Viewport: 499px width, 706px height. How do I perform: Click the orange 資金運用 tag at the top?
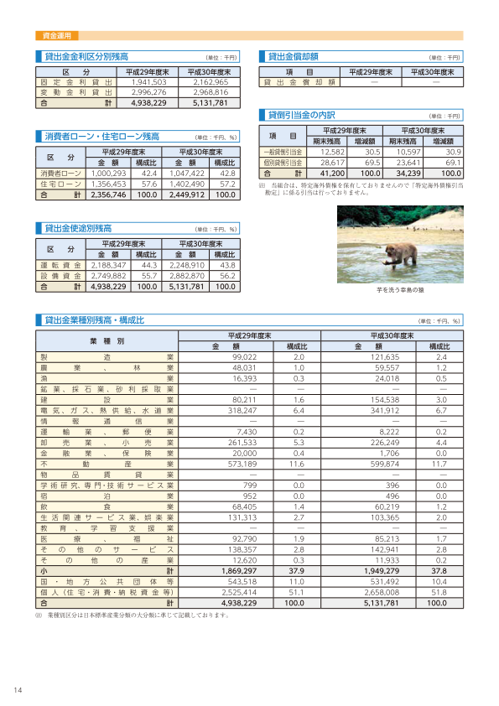(x=57, y=36)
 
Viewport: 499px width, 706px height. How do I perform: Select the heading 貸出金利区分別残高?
(x=86, y=57)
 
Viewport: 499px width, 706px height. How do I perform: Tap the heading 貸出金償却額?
(x=293, y=57)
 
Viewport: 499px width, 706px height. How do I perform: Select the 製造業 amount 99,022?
(x=243, y=356)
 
